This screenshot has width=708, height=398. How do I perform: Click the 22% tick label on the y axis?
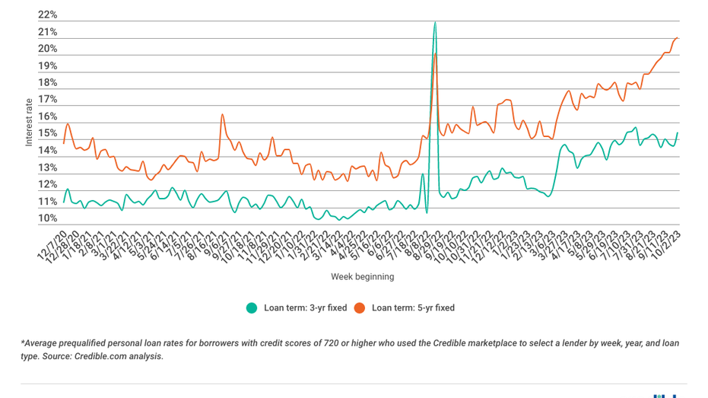[x=47, y=15]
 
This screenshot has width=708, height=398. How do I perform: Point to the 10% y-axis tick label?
[x=47, y=218]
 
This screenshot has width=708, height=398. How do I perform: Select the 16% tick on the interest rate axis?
[x=47, y=116]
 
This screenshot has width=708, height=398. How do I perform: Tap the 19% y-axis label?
[x=47, y=66]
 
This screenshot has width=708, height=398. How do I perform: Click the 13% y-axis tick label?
[x=47, y=167]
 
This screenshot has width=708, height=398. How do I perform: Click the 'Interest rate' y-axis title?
[x=29, y=122]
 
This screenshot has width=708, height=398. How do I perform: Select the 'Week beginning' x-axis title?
[x=362, y=276]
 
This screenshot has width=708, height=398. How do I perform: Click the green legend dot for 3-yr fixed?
[x=251, y=308]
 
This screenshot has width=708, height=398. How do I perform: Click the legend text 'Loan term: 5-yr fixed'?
[x=413, y=308]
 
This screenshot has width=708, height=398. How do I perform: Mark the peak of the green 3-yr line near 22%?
[x=435, y=22]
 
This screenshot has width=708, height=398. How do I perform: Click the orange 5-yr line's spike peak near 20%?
[x=435, y=53]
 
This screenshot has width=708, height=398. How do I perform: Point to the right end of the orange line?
[x=678, y=38]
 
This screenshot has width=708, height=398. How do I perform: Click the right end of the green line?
[x=678, y=133]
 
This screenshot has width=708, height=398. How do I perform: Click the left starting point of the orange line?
[x=64, y=142]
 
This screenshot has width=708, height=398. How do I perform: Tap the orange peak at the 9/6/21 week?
[x=222, y=115]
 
